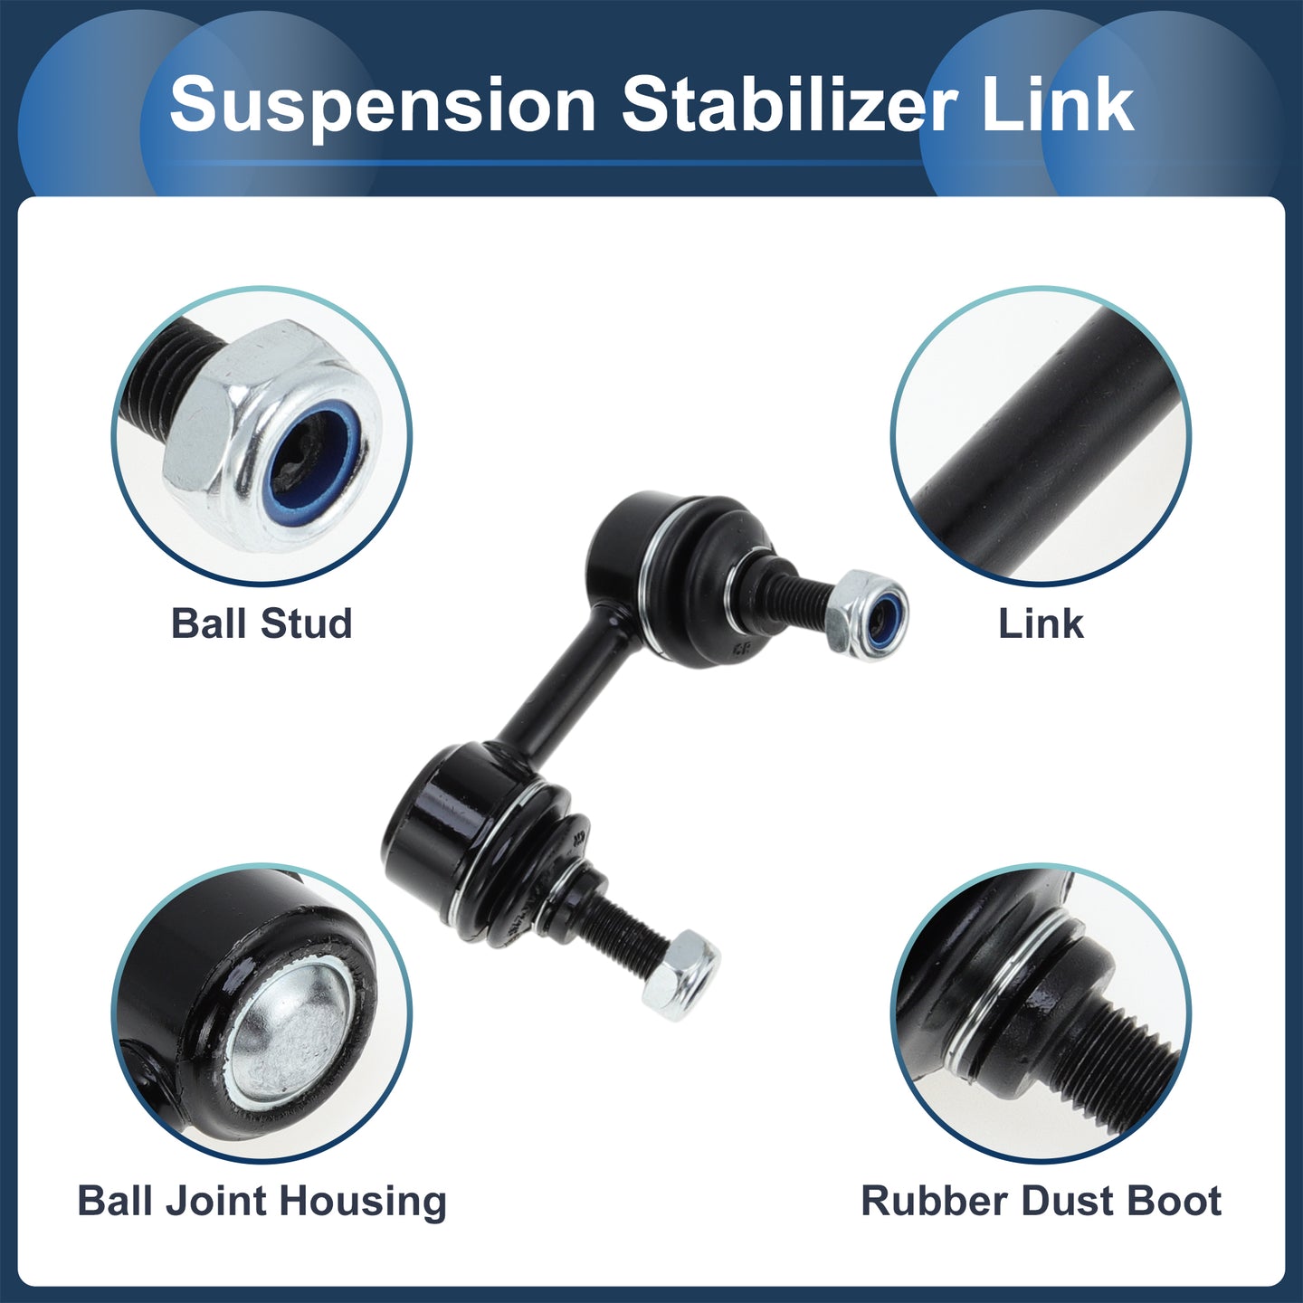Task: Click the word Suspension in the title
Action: (382, 106)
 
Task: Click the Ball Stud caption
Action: (262, 623)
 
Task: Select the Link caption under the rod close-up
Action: (1041, 623)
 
